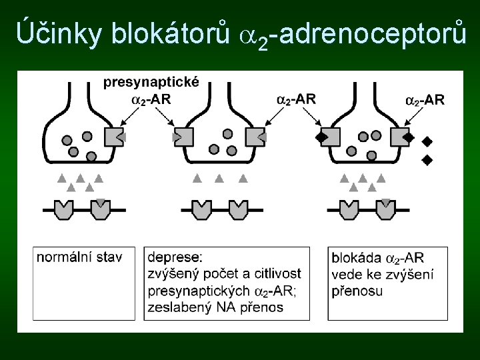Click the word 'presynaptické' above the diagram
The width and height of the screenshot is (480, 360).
[x=151, y=83]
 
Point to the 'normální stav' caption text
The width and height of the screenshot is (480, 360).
[x=79, y=257]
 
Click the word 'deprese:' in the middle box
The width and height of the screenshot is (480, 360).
[x=175, y=257]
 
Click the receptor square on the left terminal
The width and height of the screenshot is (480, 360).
[x=113, y=137]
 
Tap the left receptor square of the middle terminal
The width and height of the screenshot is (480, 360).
[x=185, y=137]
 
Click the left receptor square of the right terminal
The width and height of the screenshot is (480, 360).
[x=329, y=137]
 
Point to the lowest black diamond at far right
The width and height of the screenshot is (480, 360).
[x=427, y=160]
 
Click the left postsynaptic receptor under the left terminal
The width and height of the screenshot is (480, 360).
[x=63, y=209]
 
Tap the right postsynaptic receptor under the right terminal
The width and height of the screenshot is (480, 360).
[x=385, y=209]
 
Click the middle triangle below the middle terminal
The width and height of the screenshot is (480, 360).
[x=219, y=179]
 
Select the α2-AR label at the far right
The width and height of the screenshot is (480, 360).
[x=425, y=100]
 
